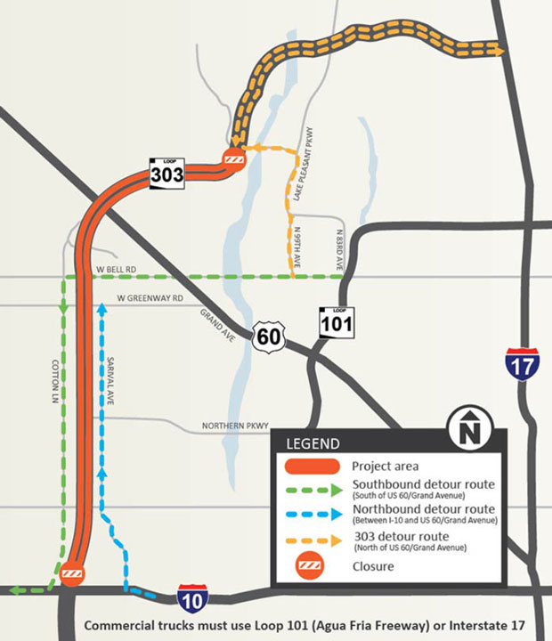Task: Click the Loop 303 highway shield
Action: pos(166,172)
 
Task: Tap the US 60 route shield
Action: pos(267,337)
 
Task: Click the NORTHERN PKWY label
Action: pos(233,426)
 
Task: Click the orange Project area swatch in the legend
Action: pos(311,466)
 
